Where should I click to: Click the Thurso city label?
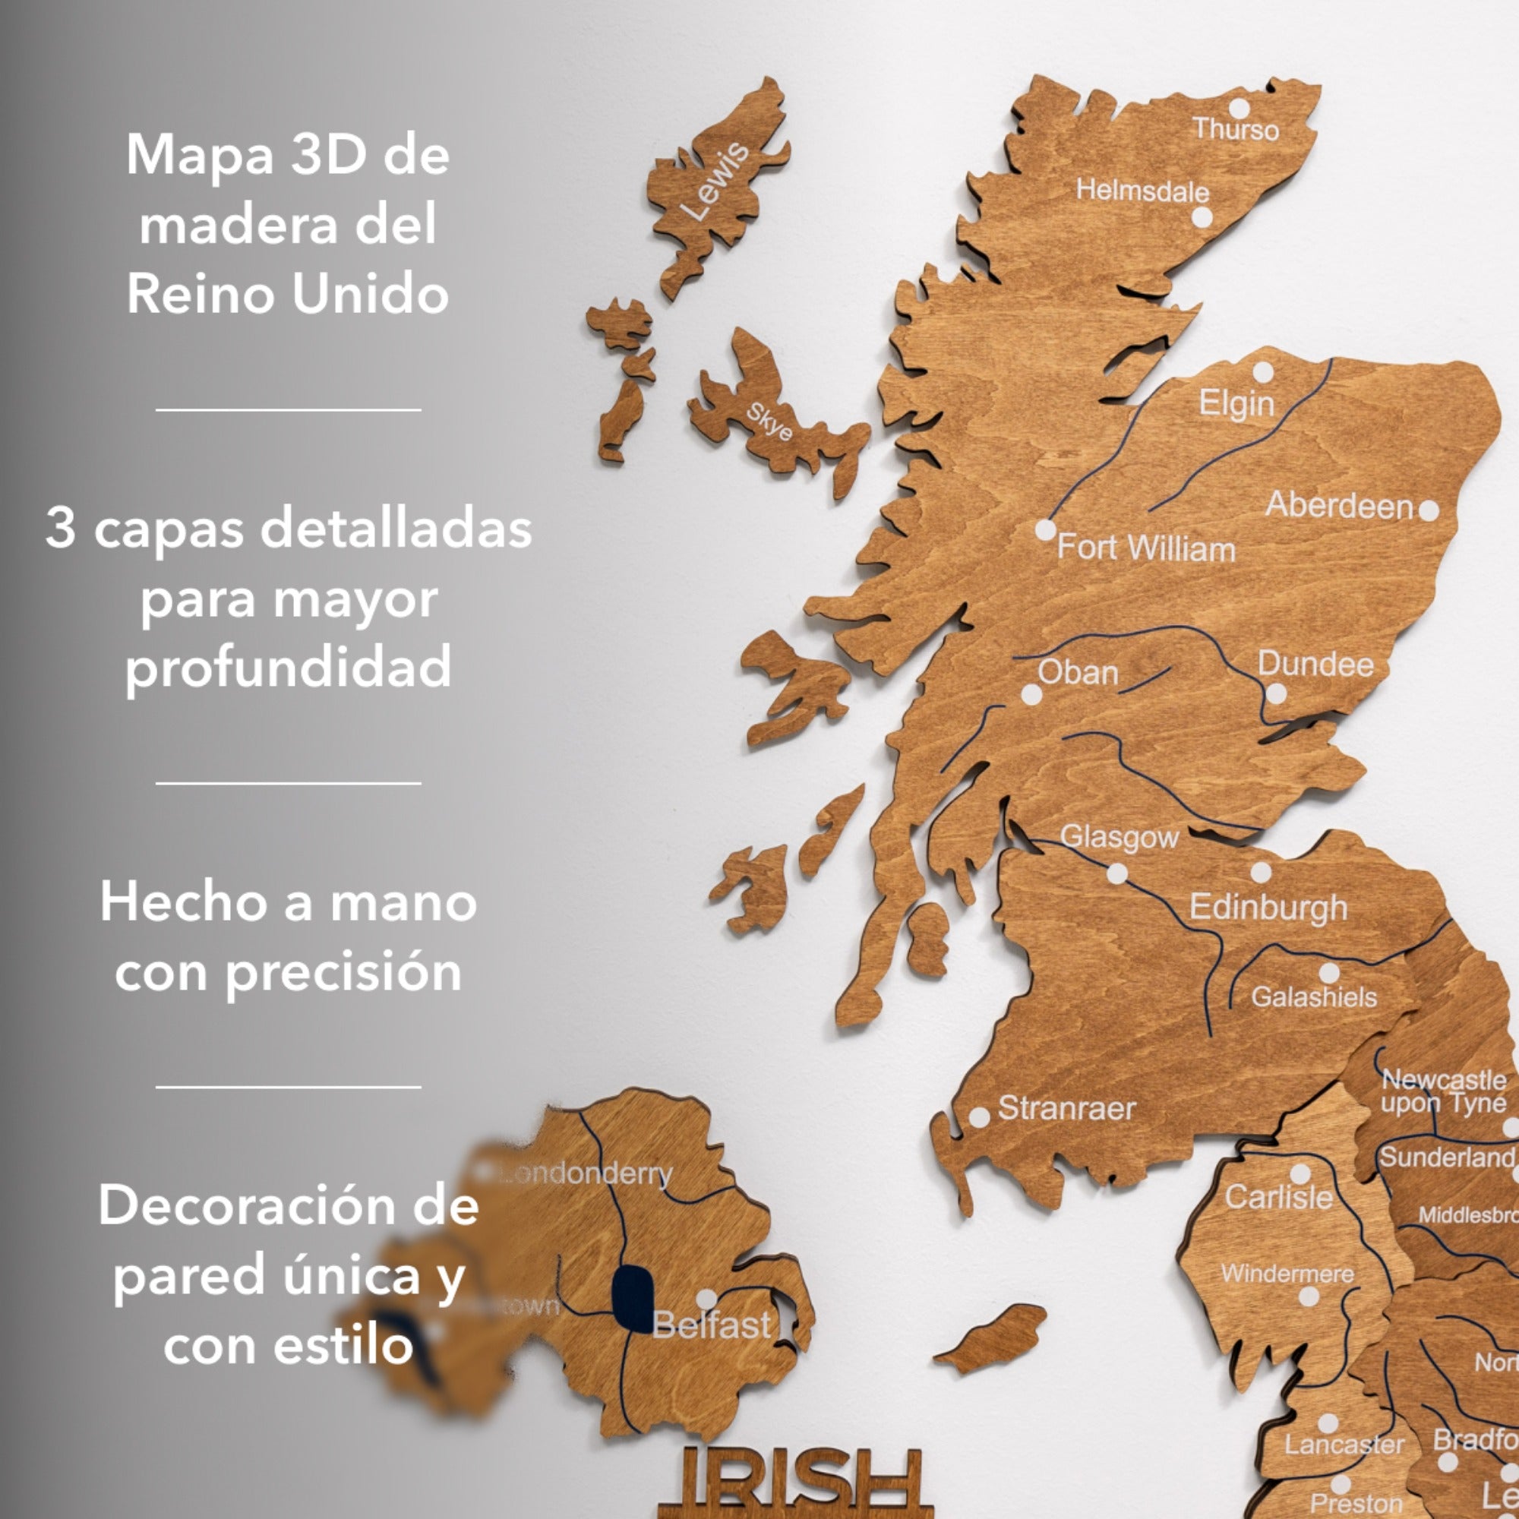coord(1235,129)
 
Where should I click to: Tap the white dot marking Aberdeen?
coord(1429,511)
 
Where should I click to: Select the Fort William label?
coord(1145,548)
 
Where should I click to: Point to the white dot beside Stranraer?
coord(979,1117)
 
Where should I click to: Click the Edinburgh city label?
coord(1268,908)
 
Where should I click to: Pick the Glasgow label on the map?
coord(1119,837)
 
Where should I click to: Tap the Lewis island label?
coord(715,180)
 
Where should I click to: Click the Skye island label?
coord(768,422)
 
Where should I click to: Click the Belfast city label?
coord(712,1326)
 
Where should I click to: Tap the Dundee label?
coord(1315,665)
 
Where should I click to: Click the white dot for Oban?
coord(1031,694)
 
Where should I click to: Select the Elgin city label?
coord(1236,403)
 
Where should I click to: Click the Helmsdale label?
coord(1142,191)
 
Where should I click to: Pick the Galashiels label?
coord(1314,998)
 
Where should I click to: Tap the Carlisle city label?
coord(1279,1198)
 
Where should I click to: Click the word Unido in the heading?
coord(370,295)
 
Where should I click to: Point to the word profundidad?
coord(289,668)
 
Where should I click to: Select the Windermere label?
coord(1287,1274)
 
